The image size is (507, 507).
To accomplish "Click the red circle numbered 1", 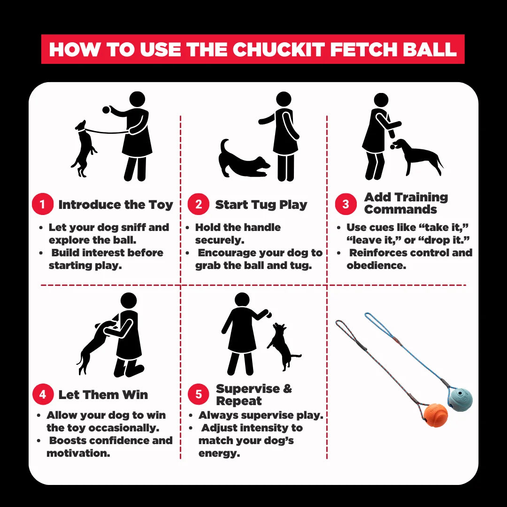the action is pos(43,204).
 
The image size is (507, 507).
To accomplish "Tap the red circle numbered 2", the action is pos(199,204).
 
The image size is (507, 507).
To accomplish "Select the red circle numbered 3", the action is pos(346,204).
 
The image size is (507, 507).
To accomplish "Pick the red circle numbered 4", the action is pos(43,394).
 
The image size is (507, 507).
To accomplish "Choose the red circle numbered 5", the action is pos(199,394).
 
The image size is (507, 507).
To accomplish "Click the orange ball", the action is pos(436,415).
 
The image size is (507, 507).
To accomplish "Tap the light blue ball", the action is pos(460,400).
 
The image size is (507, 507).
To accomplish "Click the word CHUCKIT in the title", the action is pos(278,49).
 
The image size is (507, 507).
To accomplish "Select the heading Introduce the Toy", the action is pos(116,205).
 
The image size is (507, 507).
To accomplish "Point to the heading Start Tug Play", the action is pos(261,205).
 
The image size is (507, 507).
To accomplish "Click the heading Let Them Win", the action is pos(103,394).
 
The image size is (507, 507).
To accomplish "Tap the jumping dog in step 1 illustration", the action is pos(84,149).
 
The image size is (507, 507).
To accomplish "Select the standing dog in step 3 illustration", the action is pos(416,157).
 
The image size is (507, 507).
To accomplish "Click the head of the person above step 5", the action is pos(242,300).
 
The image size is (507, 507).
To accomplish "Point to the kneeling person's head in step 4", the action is pos(129,300).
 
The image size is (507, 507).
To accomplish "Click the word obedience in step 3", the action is pos(376,265).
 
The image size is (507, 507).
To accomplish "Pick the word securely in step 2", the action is pos(220,240).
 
